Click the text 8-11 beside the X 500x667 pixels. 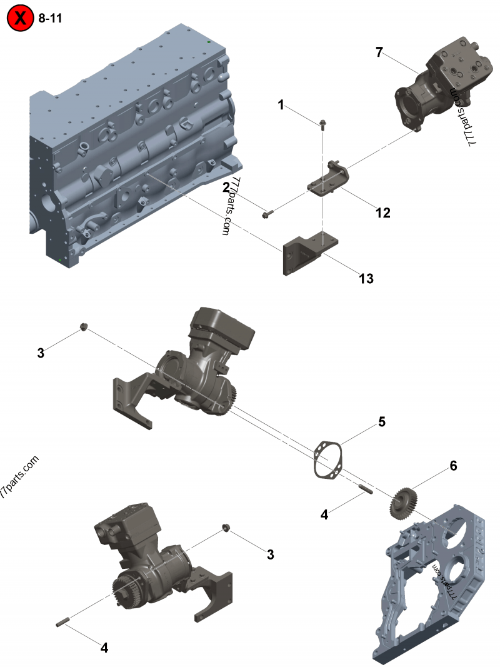(50, 18)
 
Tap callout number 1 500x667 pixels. (281, 105)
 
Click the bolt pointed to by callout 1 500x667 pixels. (322, 124)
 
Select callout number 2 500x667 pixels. (226, 186)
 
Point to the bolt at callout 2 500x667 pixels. (266, 215)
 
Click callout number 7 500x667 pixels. (379, 53)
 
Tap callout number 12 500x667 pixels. (382, 213)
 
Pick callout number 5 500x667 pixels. (381, 422)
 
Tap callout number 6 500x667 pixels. (454, 466)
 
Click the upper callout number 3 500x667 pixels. (41, 353)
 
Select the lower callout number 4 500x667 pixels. (104, 648)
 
